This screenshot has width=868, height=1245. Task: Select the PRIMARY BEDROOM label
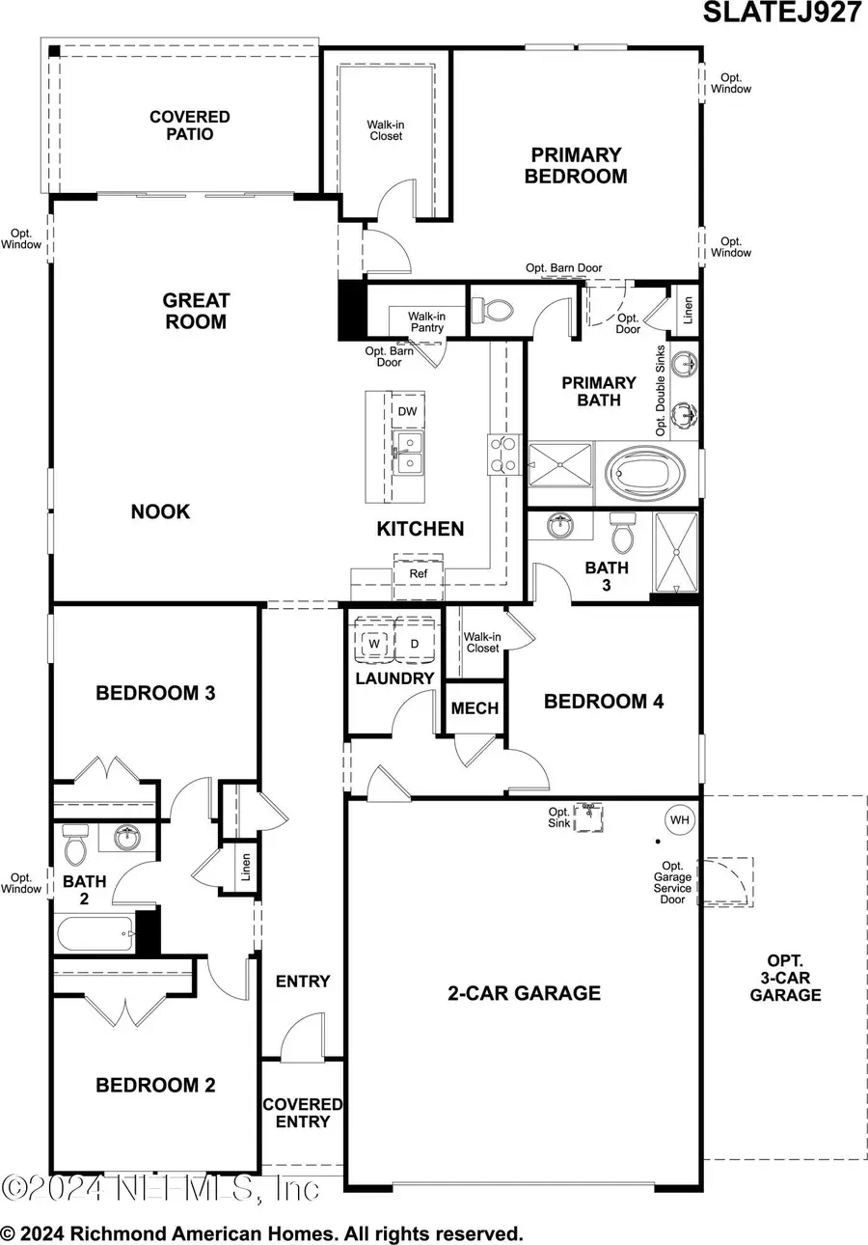click(575, 166)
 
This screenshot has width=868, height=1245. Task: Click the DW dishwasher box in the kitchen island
click(407, 411)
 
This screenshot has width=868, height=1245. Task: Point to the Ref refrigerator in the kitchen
click(418, 572)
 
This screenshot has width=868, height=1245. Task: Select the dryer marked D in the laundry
click(415, 643)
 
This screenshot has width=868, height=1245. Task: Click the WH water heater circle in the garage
click(680, 820)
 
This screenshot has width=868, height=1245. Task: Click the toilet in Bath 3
click(623, 534)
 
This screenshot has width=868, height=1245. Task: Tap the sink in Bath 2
click(126, 838)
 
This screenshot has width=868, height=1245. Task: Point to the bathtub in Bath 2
click(95, 934)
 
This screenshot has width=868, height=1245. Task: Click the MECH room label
click(475, 708)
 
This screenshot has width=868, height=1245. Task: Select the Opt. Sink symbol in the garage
click(589, 817)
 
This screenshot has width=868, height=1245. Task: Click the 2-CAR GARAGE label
click(524, 993)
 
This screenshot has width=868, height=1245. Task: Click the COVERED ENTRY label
click(303, 1113)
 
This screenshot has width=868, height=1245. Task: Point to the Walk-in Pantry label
click(425, 321)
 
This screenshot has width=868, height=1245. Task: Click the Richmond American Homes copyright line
click(262, 1233)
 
